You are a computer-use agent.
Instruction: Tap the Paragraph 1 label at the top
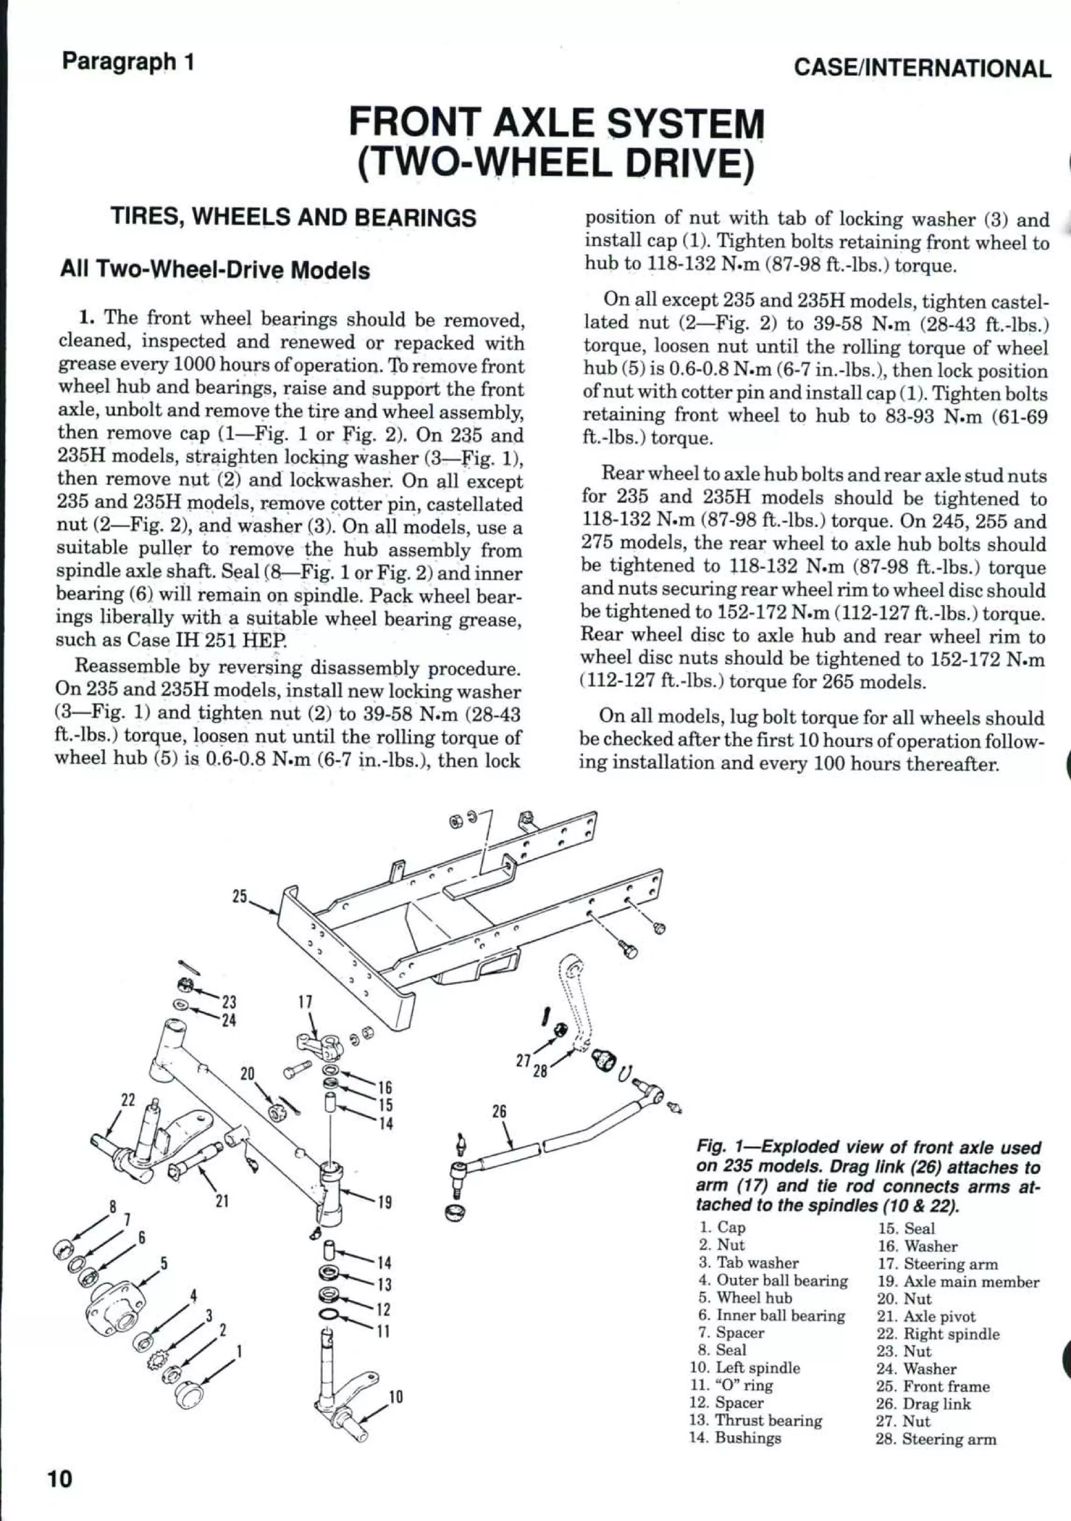[128, 62]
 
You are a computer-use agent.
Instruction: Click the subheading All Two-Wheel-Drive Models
[214, 270]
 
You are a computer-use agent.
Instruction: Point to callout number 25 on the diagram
[240, 896]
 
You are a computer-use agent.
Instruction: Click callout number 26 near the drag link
[499, 1111]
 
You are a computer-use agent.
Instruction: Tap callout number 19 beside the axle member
[384, 1202]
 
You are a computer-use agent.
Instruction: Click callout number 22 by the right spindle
[127, 1100]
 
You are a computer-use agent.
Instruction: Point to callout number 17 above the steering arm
[305, 1001]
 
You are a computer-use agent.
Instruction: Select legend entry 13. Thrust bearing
[756, 1420]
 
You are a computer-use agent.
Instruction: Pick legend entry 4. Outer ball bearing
[773, 1281]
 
